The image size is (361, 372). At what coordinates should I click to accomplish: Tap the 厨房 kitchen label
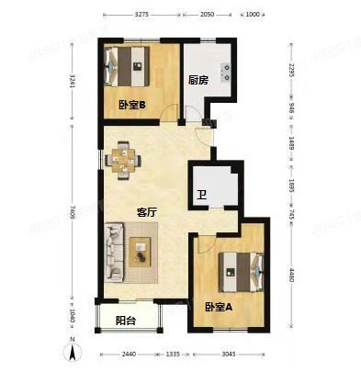click(x=198, y=80)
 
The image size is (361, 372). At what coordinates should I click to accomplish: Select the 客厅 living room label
click(x=148, y=211)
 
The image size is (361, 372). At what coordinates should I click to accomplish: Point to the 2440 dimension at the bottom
click(x=131, y=354)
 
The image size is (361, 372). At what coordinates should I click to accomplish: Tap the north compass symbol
click(x=71, y=348)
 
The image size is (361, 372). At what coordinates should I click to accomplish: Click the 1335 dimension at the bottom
click(x=175, y=354)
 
